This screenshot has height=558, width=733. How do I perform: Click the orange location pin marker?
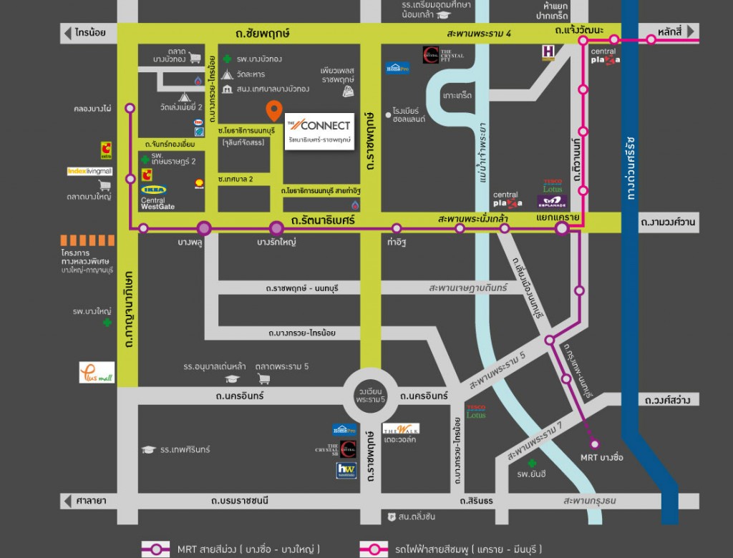tap(273, 110)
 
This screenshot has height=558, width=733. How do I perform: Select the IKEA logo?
tap(153, 190)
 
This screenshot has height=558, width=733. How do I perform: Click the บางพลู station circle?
tap(204, 228)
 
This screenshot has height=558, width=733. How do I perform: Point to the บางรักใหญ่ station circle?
tap(277, 228)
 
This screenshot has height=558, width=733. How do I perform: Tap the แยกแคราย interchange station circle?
tap(562, 228)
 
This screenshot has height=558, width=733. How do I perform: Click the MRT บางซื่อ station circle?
tap(593, 444)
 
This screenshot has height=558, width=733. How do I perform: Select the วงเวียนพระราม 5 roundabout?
tap(371, 394)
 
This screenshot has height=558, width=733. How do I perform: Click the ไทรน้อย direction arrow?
tap(69, 32)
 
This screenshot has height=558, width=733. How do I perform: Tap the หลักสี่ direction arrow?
tap(691, 32)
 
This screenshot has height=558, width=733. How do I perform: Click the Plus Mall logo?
tap(96, 372)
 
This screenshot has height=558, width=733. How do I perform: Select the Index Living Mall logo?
tap(89, 172)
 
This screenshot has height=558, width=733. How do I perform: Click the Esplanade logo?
tap(552, 202)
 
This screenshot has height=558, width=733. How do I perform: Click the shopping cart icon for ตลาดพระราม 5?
tap(263, 378)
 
